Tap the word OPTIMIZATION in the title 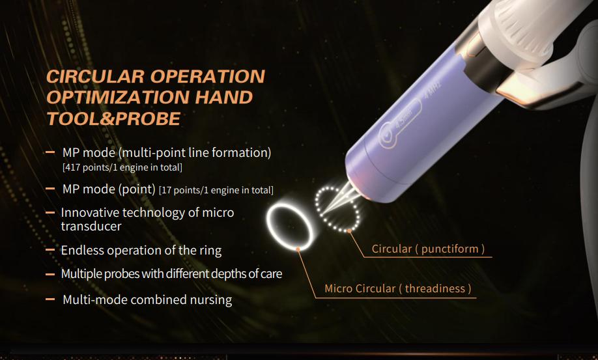[x=118, y=98]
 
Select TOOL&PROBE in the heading [x=113, y=118]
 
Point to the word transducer [x=91, y=227]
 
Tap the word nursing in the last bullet [x=211, y=300]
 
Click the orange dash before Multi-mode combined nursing [x=50, y=299]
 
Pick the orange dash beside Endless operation [x=50, y=250]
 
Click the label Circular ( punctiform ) [x=428, y=249]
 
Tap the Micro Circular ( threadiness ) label [x=398, y=289]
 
